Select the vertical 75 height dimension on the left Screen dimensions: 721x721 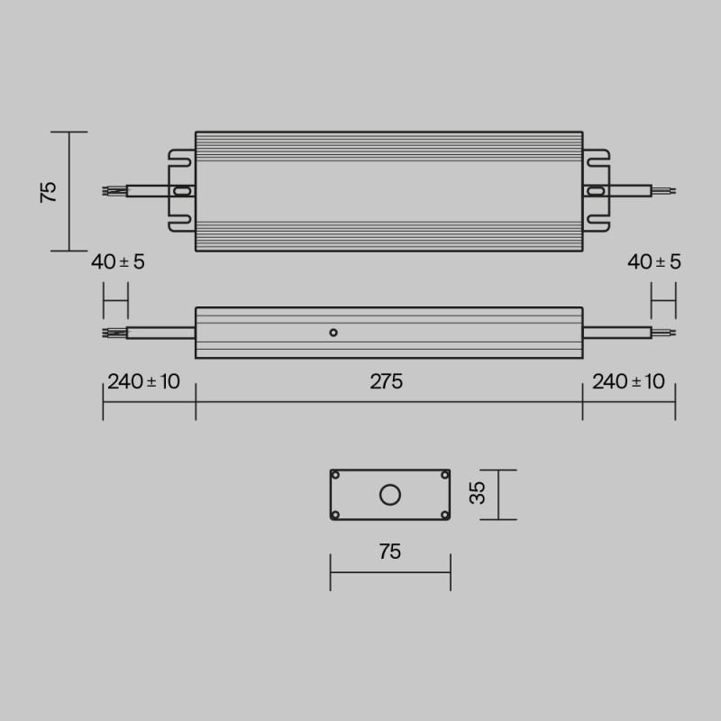coord(49,191)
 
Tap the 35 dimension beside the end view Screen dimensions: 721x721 coord(479,493)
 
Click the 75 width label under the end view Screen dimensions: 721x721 coord(389,552)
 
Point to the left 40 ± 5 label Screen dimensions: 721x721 coord(117,262)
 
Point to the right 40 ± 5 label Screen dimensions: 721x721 coord(654,262)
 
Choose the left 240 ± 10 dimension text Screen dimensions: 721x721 coord(143,381)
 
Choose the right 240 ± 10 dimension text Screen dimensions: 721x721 coord(628,381)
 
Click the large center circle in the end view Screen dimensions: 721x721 coord(390,495)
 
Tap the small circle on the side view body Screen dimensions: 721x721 coord(333,333)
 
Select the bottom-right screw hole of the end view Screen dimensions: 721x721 coord(445,515)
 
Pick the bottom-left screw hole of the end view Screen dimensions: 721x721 coord(335,515)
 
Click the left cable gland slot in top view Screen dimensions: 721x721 coord(181,191)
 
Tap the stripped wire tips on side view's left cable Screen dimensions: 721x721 coord(114,333)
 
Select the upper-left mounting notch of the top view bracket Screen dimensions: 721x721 coord(180,163)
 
